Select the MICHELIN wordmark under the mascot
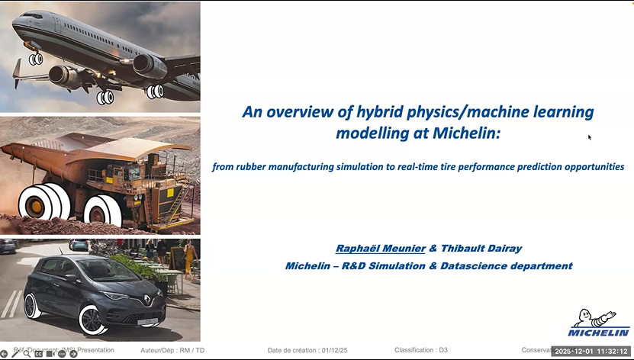[598, 333]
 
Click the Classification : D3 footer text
[420, 350]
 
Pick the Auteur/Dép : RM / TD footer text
[173, 350]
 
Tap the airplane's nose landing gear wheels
[35, 58]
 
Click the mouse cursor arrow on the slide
[589, 137]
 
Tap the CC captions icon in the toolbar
[39, 354]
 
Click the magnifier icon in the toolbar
[27, 354]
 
